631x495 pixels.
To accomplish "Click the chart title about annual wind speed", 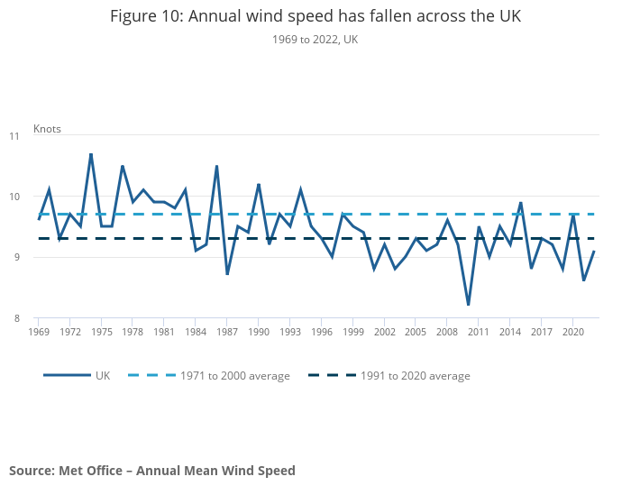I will pos(315,16).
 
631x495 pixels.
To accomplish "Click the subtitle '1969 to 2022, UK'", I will pos(315,39).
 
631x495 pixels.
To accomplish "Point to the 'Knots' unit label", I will pos(47,129).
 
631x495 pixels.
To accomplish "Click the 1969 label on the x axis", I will pos(39,332).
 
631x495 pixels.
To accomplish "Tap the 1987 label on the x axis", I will pos(227,332).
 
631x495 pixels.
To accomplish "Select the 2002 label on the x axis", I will pos(385,332).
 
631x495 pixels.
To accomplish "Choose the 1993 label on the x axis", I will pos(290,332).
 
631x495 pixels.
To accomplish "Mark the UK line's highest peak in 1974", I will pos(91,154).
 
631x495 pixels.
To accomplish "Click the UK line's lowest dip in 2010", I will pos(469,305).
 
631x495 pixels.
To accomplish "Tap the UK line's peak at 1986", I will pos(217,166).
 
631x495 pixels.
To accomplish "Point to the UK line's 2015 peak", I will pos(521,203).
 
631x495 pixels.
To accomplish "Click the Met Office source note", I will pos(152,470).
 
